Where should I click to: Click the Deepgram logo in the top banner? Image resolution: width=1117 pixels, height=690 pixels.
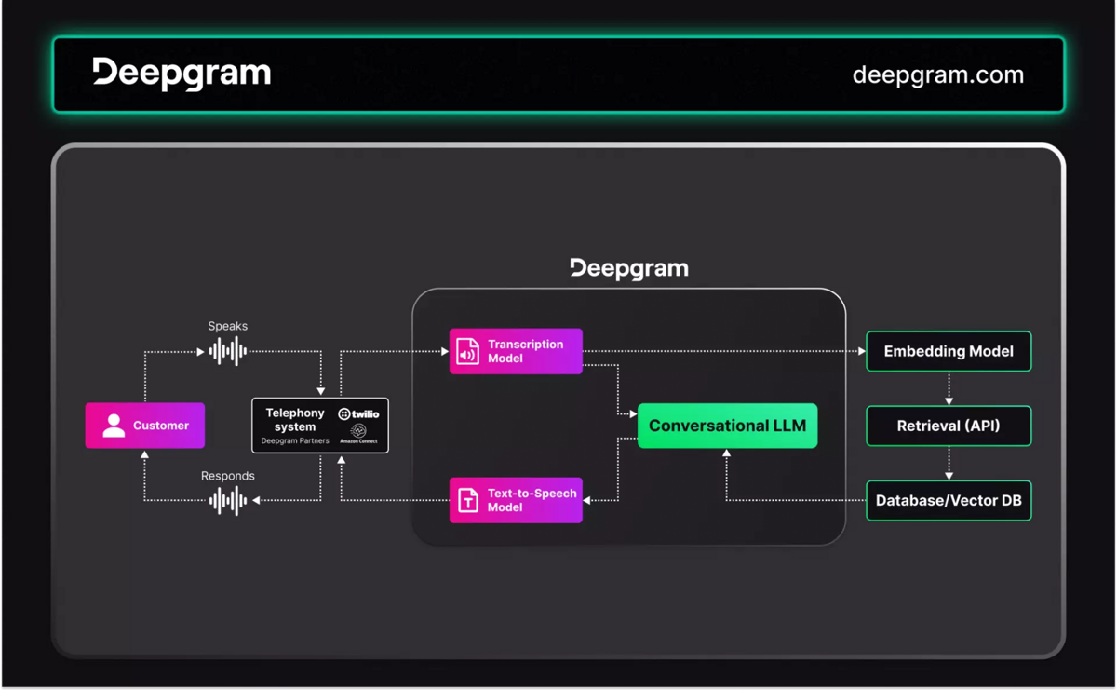click(x=182, y=74)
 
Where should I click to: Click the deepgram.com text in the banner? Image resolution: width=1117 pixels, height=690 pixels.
click(x=937, y=74)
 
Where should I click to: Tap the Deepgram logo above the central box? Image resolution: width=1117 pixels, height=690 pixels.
click(x=629, y=268)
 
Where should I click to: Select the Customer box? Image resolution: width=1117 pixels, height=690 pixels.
click(x=145, y=426)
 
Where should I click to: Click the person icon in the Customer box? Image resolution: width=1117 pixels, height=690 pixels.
click(x=114, y=426)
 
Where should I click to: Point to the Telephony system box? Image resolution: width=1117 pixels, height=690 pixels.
click(x=319, y=426)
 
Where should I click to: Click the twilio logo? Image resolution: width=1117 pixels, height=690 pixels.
click(x=358, y=413)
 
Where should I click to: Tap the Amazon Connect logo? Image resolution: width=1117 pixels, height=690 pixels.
click(x=358, y=434)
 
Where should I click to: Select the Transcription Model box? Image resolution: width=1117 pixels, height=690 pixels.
click(x=516, y=351)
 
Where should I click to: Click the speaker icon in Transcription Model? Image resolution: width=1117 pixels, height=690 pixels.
click(x=467, y=351)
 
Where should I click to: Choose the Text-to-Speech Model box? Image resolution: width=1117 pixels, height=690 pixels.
click(x=516, y=500)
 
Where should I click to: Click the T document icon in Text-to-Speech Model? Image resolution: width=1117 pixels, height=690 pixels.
click(x=467, y=500)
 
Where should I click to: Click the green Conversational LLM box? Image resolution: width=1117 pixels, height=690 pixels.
click(x=727, y=426)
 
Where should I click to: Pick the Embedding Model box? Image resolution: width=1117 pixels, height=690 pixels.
click(x=949, y=351)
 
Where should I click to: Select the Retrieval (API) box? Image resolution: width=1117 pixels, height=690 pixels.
click(x=949, y=426)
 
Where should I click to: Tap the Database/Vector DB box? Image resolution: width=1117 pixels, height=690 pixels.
click(x=949, y=500)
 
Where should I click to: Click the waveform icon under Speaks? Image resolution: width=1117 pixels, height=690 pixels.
click(x=228, y=351)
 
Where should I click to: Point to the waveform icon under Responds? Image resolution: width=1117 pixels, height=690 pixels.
click(x=228, y=500)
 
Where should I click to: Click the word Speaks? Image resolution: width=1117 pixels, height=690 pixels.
click(x=228, y=326)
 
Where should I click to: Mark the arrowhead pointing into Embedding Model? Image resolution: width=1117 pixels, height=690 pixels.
click(x=861, y=351)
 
